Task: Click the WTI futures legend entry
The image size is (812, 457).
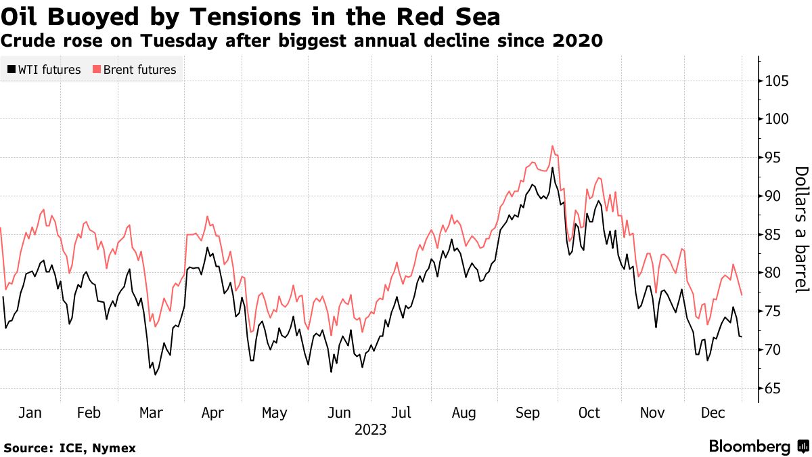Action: click(45, 70)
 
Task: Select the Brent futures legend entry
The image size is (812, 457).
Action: click(134, 70)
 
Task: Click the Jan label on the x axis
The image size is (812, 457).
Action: click(30, 413)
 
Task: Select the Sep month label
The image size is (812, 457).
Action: click(528, 413)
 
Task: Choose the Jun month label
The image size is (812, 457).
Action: click(340, 413)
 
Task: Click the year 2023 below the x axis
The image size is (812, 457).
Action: click(370, 430)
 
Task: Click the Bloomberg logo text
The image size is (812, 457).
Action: click(750, 447)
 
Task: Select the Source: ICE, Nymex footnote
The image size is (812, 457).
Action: click(70, 448)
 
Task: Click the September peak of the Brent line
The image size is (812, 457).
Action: click(553, 146)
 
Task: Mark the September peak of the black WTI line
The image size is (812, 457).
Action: click(553, 168)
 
